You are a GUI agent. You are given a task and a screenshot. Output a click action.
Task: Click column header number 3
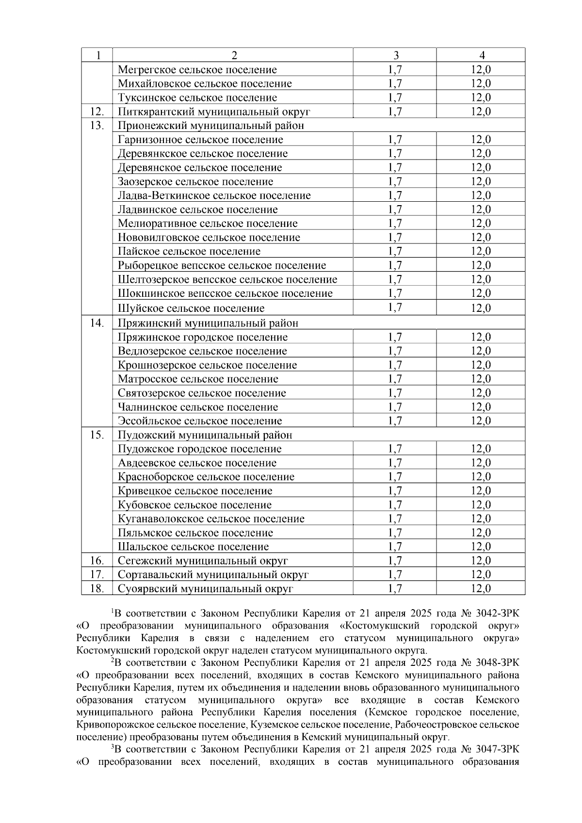(396, 55)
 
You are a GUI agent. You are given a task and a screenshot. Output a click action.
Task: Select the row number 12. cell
(97, 112)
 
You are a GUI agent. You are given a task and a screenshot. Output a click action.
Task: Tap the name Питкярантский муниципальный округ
(214, 112)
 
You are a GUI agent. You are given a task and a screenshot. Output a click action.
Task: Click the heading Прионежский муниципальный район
(211, 126)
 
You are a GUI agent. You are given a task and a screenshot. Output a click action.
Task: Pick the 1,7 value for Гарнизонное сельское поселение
(395, 140)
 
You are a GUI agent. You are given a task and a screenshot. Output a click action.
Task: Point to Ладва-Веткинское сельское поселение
(214, 196)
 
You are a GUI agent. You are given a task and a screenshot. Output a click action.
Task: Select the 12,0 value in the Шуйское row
(481, 308)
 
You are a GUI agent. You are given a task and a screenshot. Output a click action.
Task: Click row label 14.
(97, 323)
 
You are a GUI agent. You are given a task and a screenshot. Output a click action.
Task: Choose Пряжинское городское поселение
(203, 338)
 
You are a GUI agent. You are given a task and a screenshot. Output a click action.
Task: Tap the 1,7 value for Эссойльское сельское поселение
(395, 421)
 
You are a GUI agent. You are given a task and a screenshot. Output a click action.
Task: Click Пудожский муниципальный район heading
(205, 435)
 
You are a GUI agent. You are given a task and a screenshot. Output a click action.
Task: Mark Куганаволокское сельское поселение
(211, 519)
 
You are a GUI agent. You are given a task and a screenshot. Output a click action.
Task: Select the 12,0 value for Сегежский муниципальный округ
(481, 561)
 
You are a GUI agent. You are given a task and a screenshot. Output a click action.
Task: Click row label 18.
(97, 589)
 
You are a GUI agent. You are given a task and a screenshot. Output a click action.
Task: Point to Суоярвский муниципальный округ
(206, 589)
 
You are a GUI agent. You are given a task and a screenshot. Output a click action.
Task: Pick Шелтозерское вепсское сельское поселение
(227, 280)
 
